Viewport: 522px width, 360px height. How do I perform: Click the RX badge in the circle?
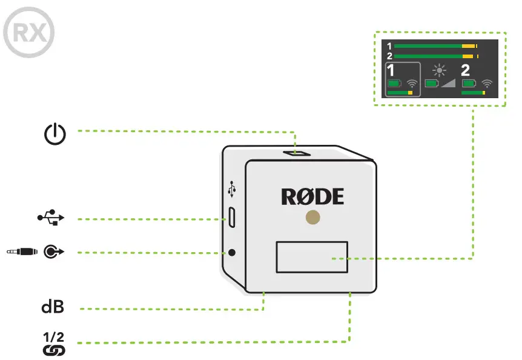tap(28, 32)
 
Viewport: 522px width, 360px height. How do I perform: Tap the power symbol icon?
tap(55, 133)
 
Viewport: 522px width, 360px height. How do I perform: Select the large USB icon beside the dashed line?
tap(50, 218)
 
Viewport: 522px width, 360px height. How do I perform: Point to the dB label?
tap(53, 307)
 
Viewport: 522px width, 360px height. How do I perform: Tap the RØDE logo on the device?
tap(312, 196)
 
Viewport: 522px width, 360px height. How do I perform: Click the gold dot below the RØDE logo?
tap(312, 217)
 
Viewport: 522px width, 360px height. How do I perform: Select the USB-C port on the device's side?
tap(232, 218)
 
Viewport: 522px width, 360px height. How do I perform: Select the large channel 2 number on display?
tap(466, 70)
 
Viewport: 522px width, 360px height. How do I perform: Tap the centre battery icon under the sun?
tap(432, 83)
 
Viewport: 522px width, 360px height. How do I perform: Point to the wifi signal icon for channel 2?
tap(486, 83)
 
